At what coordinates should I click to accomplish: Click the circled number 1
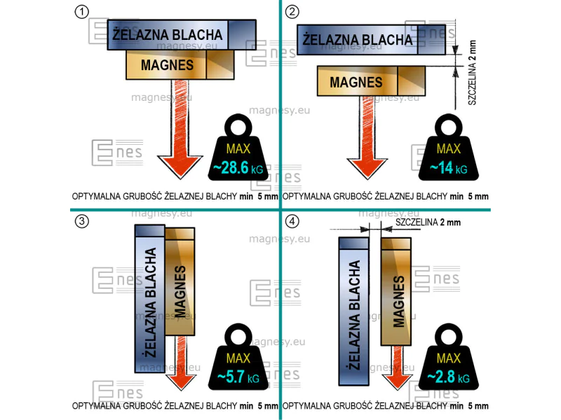click(81, 12)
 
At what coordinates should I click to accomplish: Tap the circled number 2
click(292, 12)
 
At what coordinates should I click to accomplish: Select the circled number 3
click(81, 221)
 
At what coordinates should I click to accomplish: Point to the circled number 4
click(292, 221)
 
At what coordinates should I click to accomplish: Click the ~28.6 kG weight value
click(238, 167)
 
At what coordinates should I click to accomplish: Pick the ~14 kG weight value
click(448, 168)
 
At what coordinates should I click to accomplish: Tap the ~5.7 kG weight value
click(238, 377)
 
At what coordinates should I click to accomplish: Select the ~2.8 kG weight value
click(448, 377)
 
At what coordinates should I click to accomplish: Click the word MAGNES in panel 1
click(167, 65)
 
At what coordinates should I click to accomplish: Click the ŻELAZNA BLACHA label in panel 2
click(358, 40)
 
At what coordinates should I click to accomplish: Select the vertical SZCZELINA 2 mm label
click(472, 73)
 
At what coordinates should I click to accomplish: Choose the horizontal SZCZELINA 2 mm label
click(428, 223)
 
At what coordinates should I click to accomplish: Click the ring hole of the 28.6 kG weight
click(238, 127)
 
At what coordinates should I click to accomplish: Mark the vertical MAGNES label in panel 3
click(180, 291)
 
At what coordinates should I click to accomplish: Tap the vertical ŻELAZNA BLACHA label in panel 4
click(354, 315)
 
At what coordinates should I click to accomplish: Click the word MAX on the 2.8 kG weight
click(449, 358)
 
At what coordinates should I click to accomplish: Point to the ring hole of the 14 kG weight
click(448, 127)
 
